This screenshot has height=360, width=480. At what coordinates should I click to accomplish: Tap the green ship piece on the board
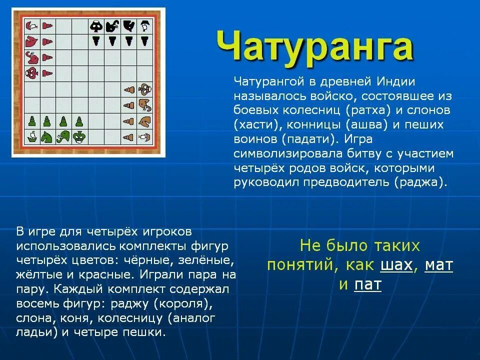coord(31,136)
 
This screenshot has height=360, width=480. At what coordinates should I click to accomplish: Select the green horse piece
coord(47,136)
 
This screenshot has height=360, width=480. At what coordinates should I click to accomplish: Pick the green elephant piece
coord(63,136)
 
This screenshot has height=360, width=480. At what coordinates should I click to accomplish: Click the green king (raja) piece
coord(79,136)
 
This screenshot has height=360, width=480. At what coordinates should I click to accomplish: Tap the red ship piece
coord(31,26)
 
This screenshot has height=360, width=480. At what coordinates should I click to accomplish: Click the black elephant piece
coord(112,25)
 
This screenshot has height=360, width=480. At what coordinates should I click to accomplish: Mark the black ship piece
coord(144,25)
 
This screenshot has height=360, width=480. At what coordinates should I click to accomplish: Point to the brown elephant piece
coord(145,105)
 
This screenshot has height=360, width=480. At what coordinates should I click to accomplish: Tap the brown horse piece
coord(145,121)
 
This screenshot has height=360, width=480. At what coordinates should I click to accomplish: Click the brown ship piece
coord(145,136)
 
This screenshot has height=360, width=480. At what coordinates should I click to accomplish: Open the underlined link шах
coord(396,265)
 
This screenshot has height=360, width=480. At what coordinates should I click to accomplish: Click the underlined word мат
coord(438,265)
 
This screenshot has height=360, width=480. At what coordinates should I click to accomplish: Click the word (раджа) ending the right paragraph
coord(420,182)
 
